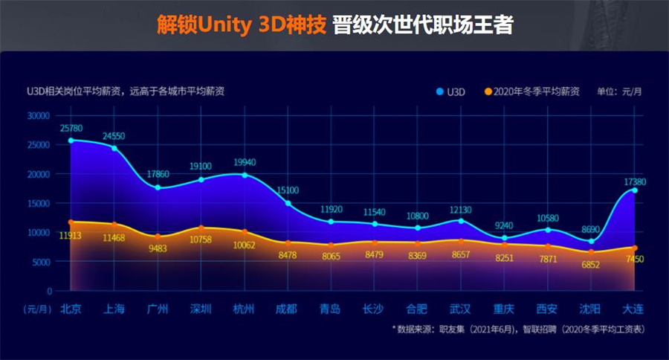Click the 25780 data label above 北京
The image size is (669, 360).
71,129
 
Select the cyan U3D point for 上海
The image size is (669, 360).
114,148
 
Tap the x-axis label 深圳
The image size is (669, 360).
201,308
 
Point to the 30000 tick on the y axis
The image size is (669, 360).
37,116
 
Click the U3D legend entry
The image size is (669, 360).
453,92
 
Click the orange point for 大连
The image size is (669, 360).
636,248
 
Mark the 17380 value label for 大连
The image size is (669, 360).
633,181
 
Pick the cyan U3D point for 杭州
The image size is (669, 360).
245,175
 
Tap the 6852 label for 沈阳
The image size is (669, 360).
590,266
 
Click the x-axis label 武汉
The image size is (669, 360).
461,308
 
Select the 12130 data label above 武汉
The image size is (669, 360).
461,210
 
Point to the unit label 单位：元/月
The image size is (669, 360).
618,92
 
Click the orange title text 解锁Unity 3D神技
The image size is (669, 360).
242,25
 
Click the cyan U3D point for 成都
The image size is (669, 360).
288,203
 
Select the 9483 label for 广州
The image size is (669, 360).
158,248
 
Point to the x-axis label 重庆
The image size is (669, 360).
504,308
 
